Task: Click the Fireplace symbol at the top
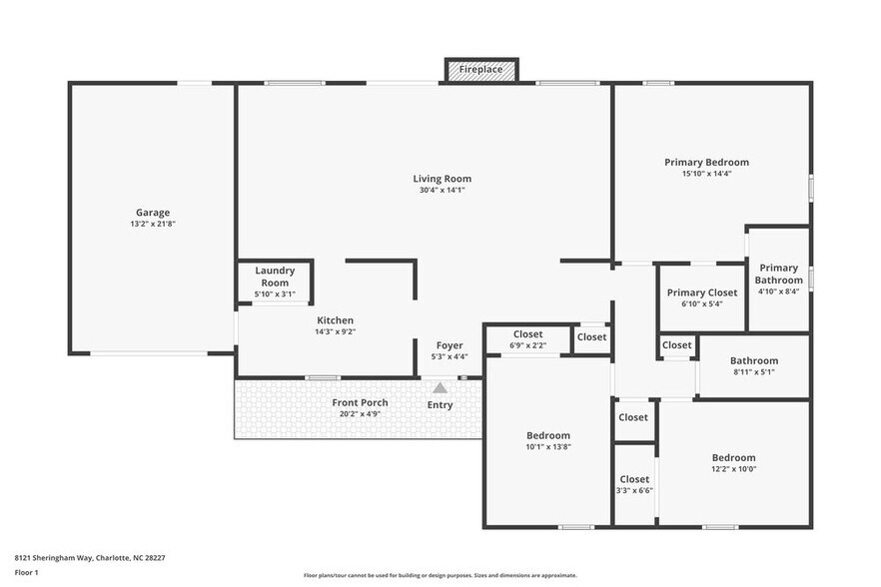pyautogui.click(x=481, y=70)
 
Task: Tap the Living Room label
pyautogui.click(x=441, y=179)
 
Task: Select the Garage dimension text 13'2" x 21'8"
pyautogui.click(x=153, y=224)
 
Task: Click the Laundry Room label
pyautogui.click(x=275, y=277)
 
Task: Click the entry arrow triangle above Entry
pyautogui.click(x=440, y=387)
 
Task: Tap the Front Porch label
pyautogui.click(x=360, y=402)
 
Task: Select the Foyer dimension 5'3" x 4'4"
pyautogui.click(x=447, y=356)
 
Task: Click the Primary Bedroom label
pyautogui.click(x=706, y=162)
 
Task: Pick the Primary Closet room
pyautogui.click(x=702, y=297)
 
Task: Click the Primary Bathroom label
pyautogui.click(x=778, y=274)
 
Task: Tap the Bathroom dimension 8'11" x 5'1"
pyautogui.click(x=753, y=371)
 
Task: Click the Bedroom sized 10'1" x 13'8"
pyautogui.click(x=548, y=441)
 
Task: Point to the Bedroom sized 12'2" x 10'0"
pyautogui.click(x=733, y=463)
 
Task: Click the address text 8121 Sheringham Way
pyautogui.click(x=90, y=558)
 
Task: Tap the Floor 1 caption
pyautogui.click(x=27, y=572)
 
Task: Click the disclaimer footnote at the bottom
pyautogui.click(x=440, y=575)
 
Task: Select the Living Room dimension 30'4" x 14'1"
pyautogui.click(x=441, y=190)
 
